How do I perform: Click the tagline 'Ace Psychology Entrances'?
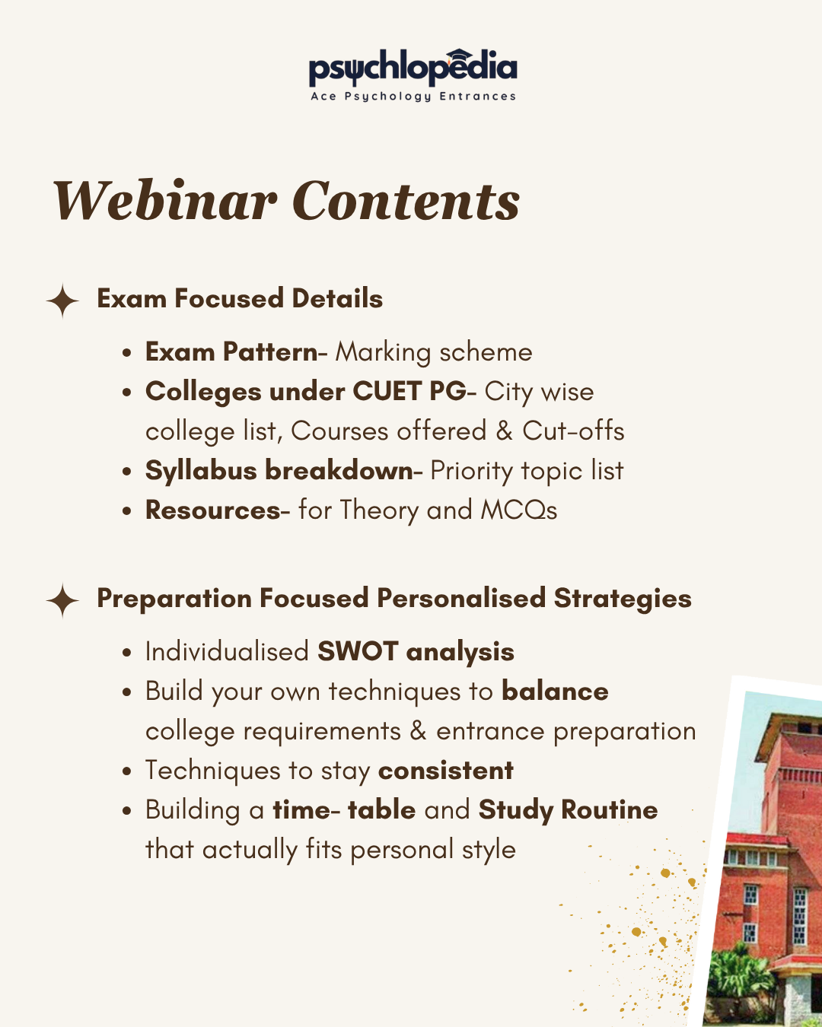[413, 97]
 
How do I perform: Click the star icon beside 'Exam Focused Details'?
[62, 300]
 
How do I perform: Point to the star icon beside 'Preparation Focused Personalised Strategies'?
[62, 600]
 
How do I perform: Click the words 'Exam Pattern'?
[231, 351]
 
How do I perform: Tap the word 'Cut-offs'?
[573, 431]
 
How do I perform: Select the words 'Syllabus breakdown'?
[279, 470]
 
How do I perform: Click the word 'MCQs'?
[519, 510]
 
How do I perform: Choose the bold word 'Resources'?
[212, 510]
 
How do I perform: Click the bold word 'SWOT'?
[358, 651]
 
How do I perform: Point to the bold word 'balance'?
[555, 691]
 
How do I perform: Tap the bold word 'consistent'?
[445, 770]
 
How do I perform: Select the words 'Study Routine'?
[568, 810]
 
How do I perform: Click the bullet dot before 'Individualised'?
[126, 653]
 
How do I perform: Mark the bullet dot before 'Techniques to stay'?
[126, 771]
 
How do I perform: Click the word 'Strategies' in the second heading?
[623, 599]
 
